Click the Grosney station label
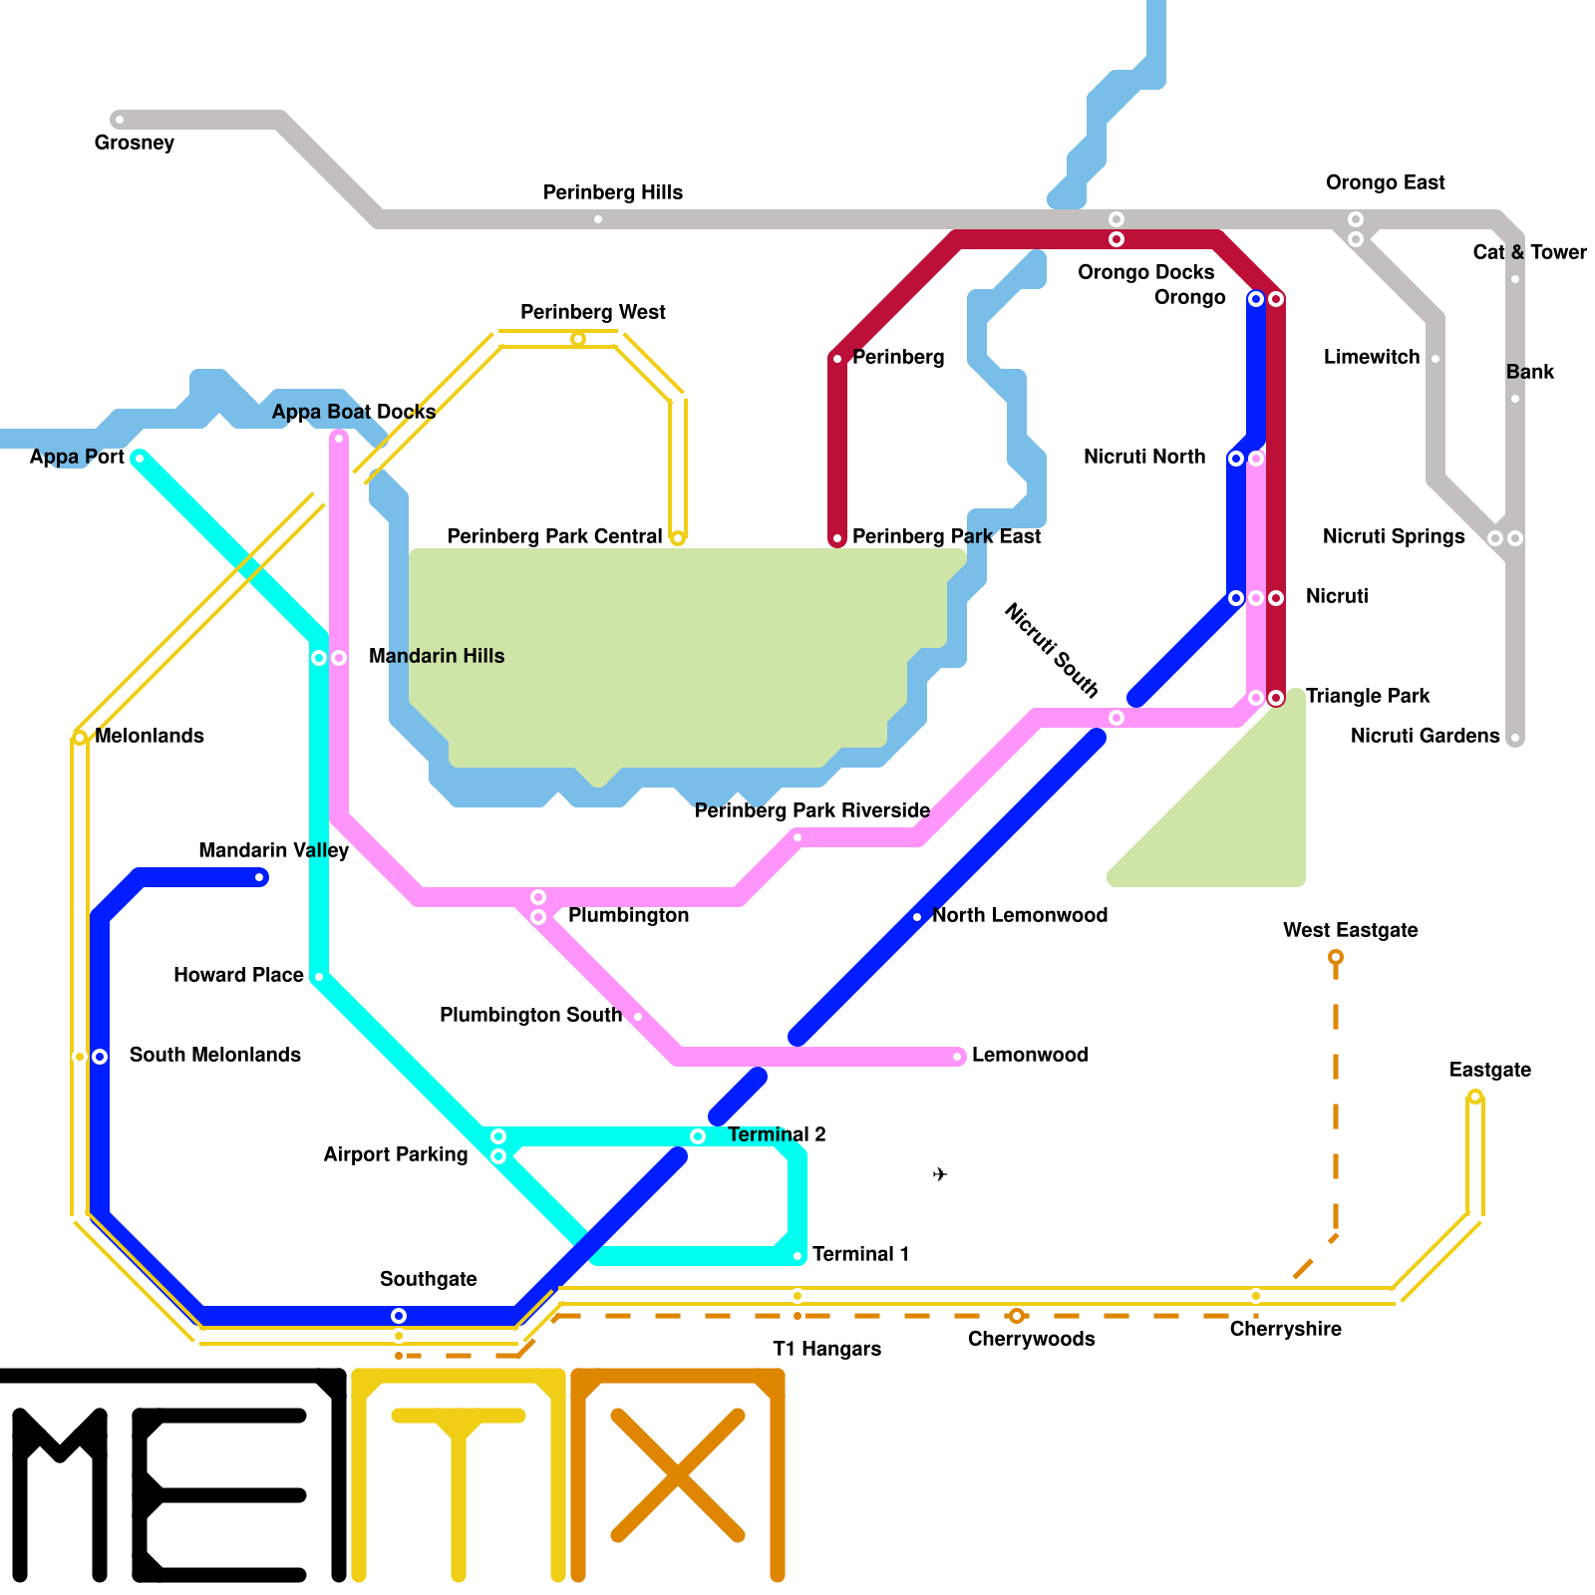click(x=135, y=143)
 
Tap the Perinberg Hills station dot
click(x=598, y=219)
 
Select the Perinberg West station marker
click(x=578, y=340)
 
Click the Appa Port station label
click(x=77, y=457)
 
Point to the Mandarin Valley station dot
click(x=260, y=877)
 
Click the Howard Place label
click(x=238, y=975)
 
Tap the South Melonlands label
click(x=214, y=1055)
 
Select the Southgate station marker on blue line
click(x=399, y=1316)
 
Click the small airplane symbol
click(x=940, y=1174)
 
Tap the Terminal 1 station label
click(x=860, y=1254)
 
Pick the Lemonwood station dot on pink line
click(x=957, y=1057)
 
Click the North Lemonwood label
click(x=1020, y=915)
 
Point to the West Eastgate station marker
click(x=1336, y=958)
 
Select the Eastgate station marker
click(x=1475, y=1098)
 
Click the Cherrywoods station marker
click(x=1017, y=1316)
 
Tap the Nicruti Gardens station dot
click(x=1515, y=739)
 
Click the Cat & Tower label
click(x=1529, y=252)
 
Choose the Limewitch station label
click(x=1371, y=357)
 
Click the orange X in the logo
click(x=678, y=1475)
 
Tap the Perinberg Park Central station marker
click(x=678, y=538)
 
